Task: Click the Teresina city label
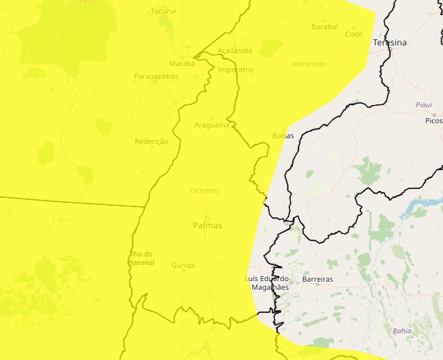(389, 43)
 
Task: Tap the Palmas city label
(207, 225)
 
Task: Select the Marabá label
(182, 64)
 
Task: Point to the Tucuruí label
(163, 12)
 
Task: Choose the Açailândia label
(235, 51)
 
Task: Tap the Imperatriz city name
(236, 70)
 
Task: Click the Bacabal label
(324, 27)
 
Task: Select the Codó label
(354, 34)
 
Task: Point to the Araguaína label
(212, 125)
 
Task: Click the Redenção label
(152, 141)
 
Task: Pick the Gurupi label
(183, 265)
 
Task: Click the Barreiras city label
(318, 279)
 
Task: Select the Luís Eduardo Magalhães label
(268, 282)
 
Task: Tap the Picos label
(434, 120)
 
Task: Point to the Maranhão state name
(310, 64)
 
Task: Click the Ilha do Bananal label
(141, 257)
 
